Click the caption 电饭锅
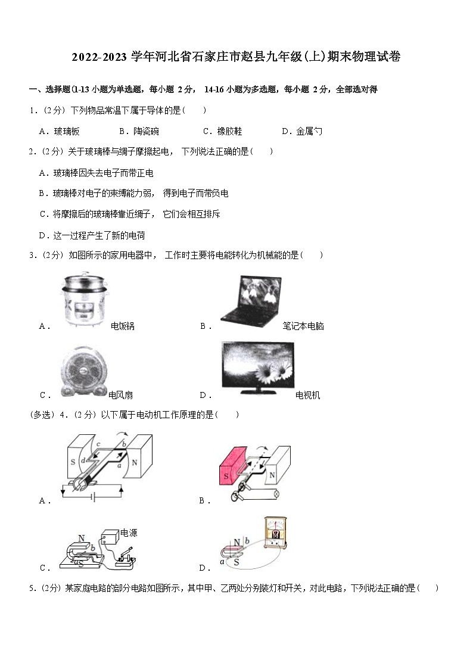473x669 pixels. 123,326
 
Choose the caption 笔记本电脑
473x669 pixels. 303,326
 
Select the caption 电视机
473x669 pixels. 307,395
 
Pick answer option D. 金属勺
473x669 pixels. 301,131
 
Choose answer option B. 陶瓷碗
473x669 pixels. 139,131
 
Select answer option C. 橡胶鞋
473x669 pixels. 222,131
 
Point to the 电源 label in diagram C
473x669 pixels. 129,533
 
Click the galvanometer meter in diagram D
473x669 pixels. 276,532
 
